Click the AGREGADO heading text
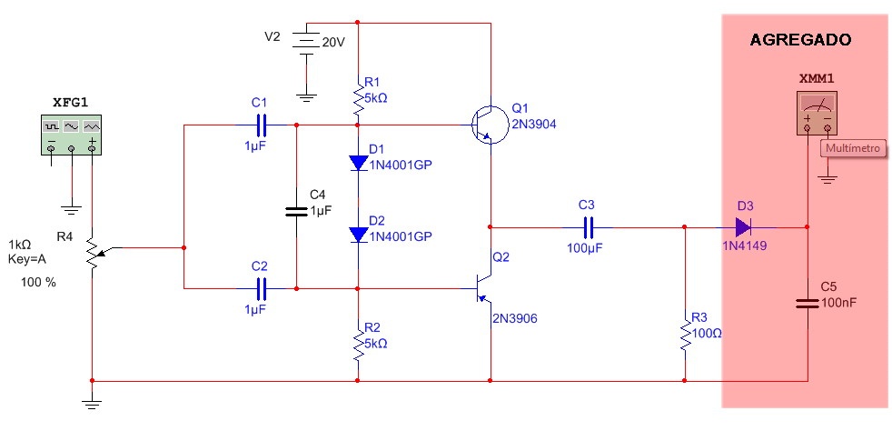[x=801, y=41]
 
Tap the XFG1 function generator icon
[x=71, y=135]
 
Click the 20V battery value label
[x=334, y=41]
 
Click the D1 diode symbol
[x=358, y=163]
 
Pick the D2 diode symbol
[x=358, y=234]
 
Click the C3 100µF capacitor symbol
[x=588, y=226]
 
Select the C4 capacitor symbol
[x=296, y=211]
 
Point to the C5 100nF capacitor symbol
[x=807, y=303]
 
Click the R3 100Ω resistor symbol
[x=685, y=334]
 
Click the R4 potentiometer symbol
[x=92, y=250]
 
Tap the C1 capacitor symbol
[x=262, y=125]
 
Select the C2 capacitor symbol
[x=262, y=288]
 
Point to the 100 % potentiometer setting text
[x=39, y=283]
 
